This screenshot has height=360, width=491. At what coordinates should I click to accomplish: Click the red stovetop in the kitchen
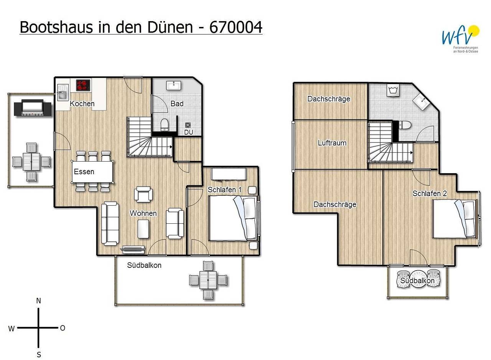pyautogui.click(x=83, y=84)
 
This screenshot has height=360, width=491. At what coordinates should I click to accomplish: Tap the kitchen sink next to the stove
pyautogui.click(x=63, y=93)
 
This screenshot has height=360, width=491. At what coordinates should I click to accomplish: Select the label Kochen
pyautogui.click(x=82, y=104)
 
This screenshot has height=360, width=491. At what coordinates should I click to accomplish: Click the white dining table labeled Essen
pyautogui.click(x=93, y=172)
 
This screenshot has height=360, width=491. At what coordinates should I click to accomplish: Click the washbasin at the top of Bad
pyautogui.click(x=174, y=85)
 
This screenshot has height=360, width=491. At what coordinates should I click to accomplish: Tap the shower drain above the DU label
pyautogui.click(x=188, y=125)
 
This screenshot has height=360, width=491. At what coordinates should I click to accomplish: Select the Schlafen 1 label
pyautogui.click(x=225, y=190)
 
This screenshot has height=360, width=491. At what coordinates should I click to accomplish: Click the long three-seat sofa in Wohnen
pyautogui.click(x=110, y=223)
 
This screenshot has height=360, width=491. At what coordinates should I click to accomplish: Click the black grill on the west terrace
pyautogui.click(x=33, y=107)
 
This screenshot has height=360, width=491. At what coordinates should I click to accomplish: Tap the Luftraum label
pyautogui.click(x=332, y=143)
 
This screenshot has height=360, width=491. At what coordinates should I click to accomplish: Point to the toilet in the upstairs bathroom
pyautogui.click(x=404, y=125)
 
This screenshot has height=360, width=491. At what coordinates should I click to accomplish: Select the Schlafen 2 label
pyautogui.click(x=430, y=193)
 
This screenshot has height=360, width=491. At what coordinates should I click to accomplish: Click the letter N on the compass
pyautogui.click(x=38, y=301)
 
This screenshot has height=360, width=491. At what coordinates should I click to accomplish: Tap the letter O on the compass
pyautogui.click(x=63, y=328)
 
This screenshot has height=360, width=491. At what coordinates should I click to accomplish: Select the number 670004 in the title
pyautogui.click(x=236, y=27)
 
